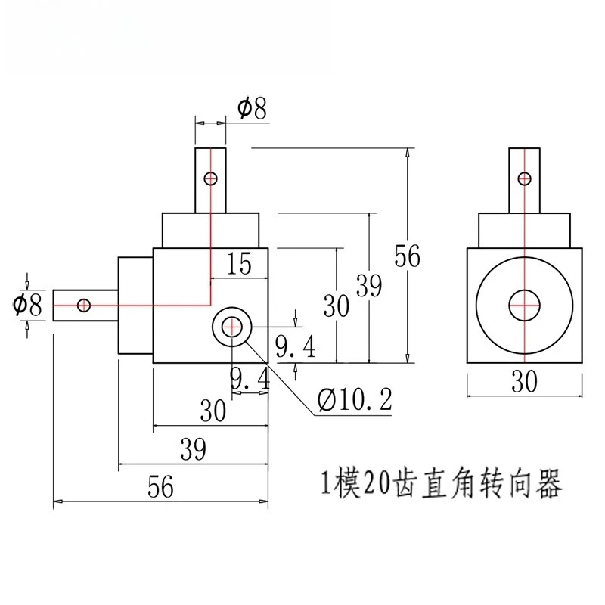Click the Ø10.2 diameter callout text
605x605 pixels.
click(355, 399)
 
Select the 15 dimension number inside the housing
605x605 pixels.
click(239, 263)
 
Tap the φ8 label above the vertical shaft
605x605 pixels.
click(252, 108)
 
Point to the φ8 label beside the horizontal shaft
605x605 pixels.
click(27, 306)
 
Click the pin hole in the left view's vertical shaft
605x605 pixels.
click(211, 178)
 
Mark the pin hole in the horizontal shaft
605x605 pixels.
click(84, 306)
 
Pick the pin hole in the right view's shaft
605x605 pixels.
click(524, 178)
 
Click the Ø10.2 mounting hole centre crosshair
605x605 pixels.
click(232, 327)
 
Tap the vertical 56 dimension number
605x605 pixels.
click(407, 256)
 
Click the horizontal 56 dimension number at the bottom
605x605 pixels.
click(161, 487)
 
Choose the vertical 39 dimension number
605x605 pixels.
click(369, 286)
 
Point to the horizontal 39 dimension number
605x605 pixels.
click(194, 449)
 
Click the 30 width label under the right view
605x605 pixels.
click(524, 382)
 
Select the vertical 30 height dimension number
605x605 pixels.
click(336, 306)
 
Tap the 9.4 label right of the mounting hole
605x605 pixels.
click(296, 346)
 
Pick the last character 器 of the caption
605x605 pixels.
click(549, 483)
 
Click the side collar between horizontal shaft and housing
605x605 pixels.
click(136, 306)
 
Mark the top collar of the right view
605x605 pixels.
click(524, 231)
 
